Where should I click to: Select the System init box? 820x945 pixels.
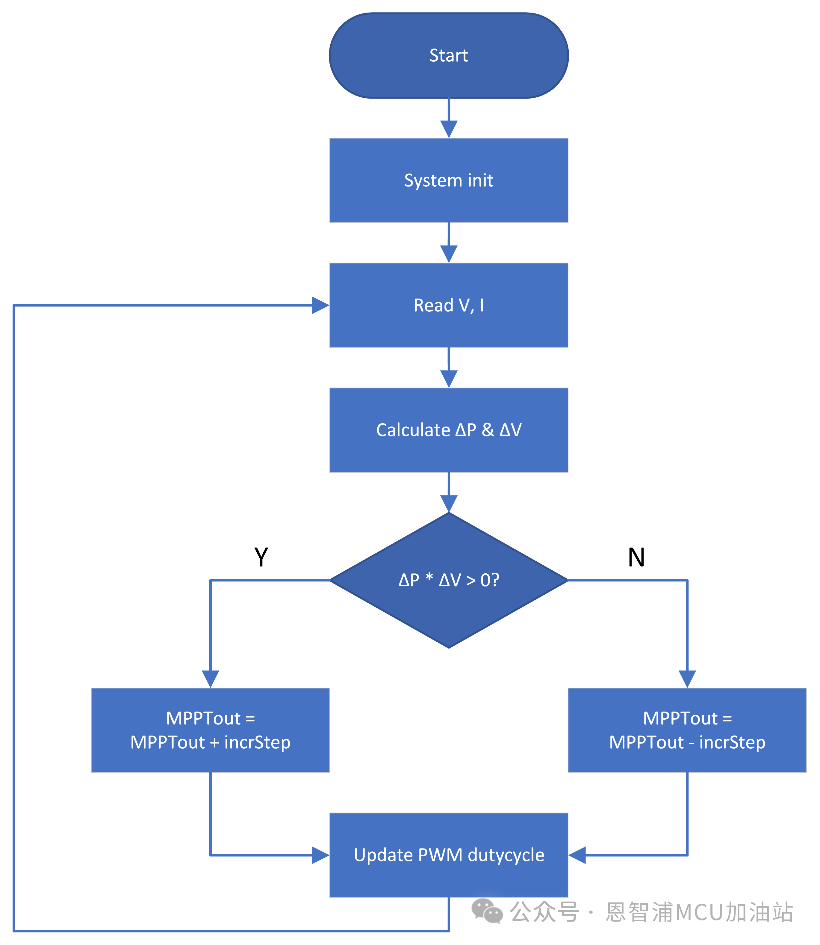tap(448, 180)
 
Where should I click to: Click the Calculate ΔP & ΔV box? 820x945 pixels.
tap(448, 430)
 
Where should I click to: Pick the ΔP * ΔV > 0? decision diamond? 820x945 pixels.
tap(448, 580)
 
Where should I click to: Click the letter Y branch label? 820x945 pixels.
tap(261, 557)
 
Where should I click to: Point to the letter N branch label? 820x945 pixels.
tap(636, 557)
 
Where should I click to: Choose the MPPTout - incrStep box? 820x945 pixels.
tap(687, 730)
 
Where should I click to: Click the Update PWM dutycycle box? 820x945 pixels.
tap(448, 855)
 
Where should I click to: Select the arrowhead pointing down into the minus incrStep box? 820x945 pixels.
tap(687, 679)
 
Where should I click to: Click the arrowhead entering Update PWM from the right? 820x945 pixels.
tap(577, 855)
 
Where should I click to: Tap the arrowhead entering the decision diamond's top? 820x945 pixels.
tap(448, 503)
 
